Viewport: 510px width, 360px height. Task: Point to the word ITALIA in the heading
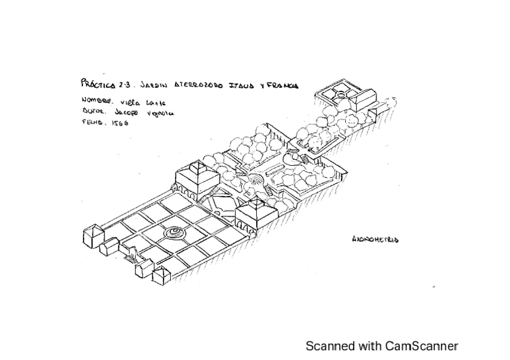point(238,85)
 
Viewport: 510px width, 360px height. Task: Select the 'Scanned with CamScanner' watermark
point(382,346)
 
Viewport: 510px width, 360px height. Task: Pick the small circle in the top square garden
point(340,94)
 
